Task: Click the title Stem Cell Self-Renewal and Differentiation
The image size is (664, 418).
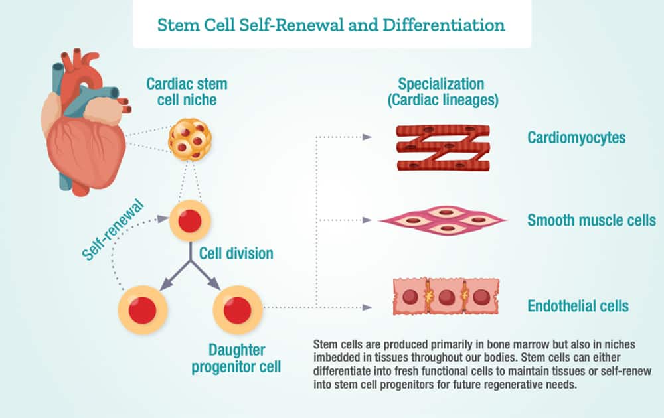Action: pyautogui.click(x=331, y=25)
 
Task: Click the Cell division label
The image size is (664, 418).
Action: pyautogui.click(x=236, y=253)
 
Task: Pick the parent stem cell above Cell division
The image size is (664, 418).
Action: pyautogui.click(x=190, y=220)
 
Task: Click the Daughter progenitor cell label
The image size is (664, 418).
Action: pyautogui.click(x=236, y=358)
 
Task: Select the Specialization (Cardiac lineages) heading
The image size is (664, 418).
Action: pyautogui.click(x=441, y=92)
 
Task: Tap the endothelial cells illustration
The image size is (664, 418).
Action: pyautogui.click(x=446, y=296)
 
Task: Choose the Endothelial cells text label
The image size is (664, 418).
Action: pyautogui.click(x=578, y=306)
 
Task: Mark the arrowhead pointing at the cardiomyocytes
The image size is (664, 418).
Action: pyautogui.click(x=367, y=138)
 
